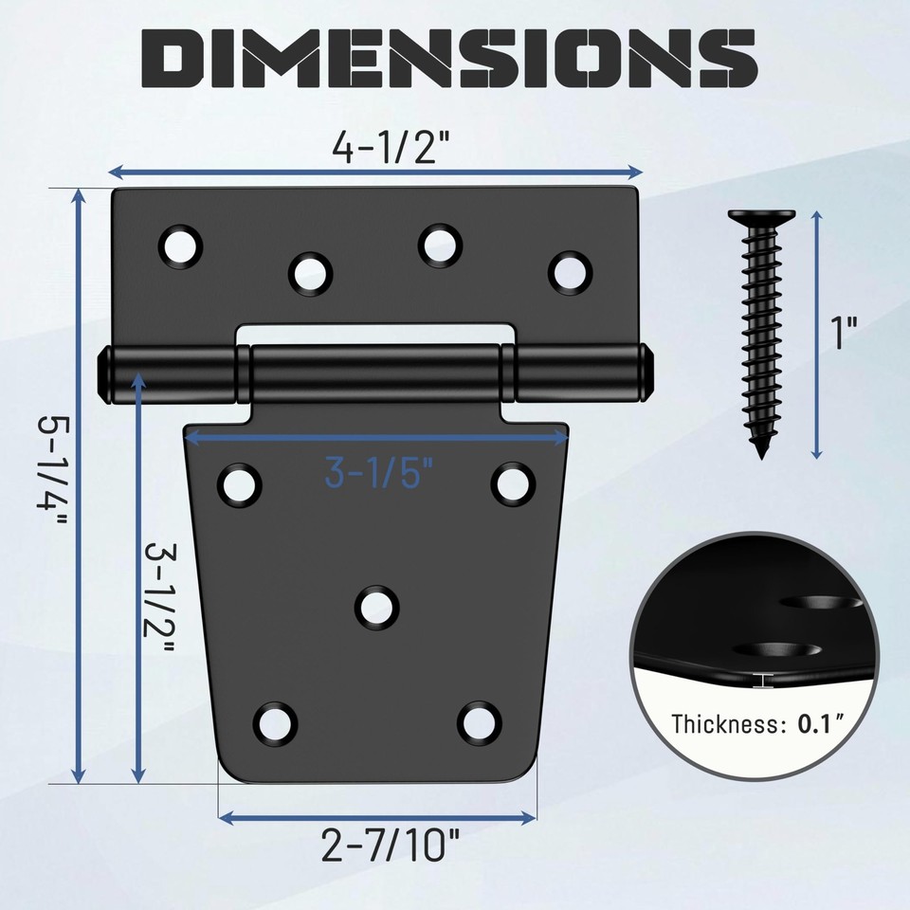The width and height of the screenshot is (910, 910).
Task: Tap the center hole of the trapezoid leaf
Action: [377, 606]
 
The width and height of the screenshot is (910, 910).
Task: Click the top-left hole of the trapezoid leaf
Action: [240, 483]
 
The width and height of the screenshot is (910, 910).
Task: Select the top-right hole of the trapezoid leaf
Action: [513, 483]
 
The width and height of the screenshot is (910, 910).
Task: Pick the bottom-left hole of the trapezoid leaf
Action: [275, 722]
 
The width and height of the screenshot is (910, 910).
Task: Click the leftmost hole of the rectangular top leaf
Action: [181, 245]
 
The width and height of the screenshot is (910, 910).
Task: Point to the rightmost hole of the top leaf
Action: [569, 271]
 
